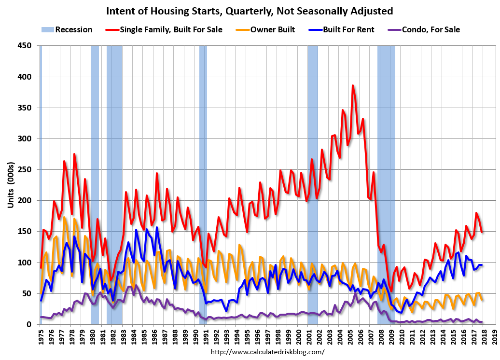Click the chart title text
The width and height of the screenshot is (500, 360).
[250, 11]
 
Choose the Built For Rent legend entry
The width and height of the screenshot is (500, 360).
[337, 29]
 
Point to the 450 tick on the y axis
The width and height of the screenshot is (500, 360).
[25, 46]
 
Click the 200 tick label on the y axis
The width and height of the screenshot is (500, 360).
[25, 201]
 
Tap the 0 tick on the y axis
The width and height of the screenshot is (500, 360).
[29, 324]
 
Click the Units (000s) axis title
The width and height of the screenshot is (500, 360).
[11, 185]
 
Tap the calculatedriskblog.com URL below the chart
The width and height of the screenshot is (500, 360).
[268, 352]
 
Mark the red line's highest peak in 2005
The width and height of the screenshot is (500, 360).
[353, 85]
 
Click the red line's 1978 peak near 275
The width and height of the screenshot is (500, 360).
[74, 154]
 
